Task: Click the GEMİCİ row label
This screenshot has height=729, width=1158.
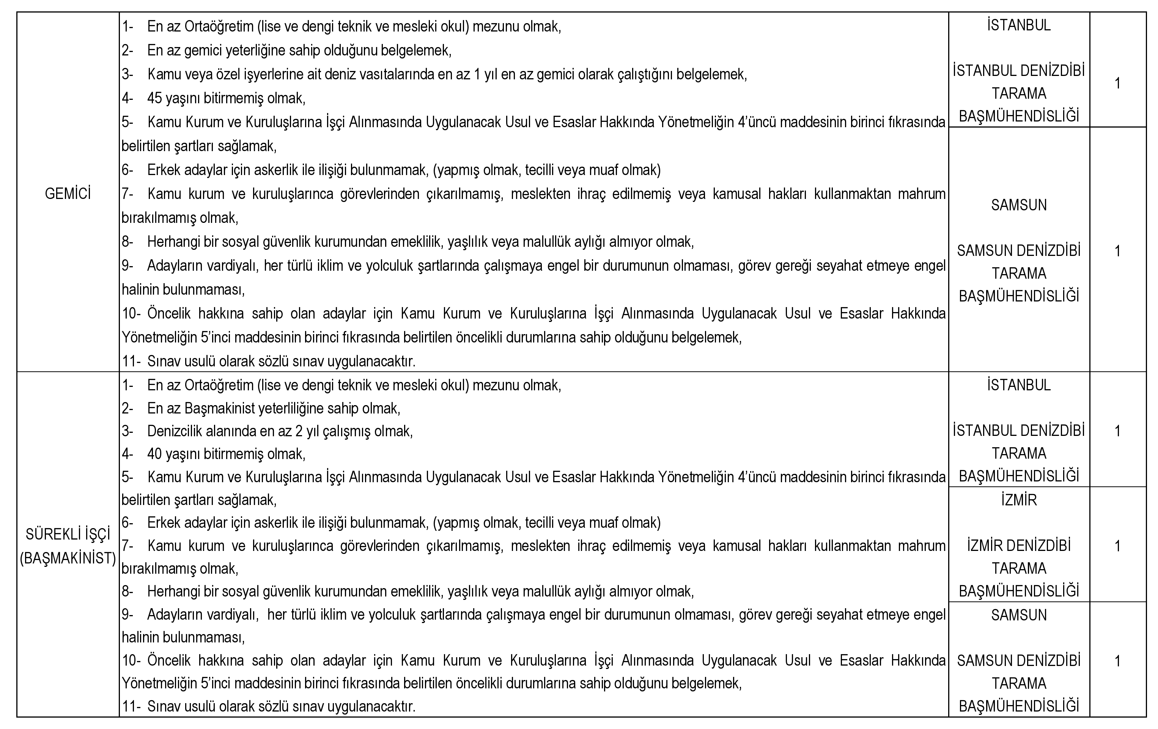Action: pos(68,194)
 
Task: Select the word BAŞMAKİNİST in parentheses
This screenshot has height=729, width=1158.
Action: pos(68,558)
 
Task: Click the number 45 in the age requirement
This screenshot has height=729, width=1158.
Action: pos(154,99)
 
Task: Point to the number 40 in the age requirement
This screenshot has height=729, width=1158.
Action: pos(154,454)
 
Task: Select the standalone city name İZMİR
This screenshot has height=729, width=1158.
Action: pos(1018,500)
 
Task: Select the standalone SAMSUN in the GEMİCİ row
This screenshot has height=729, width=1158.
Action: pos(1018,205)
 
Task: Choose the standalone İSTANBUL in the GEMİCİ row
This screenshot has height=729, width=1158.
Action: pos(1018,25)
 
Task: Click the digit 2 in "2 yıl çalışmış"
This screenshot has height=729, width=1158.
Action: pos(299,431)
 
